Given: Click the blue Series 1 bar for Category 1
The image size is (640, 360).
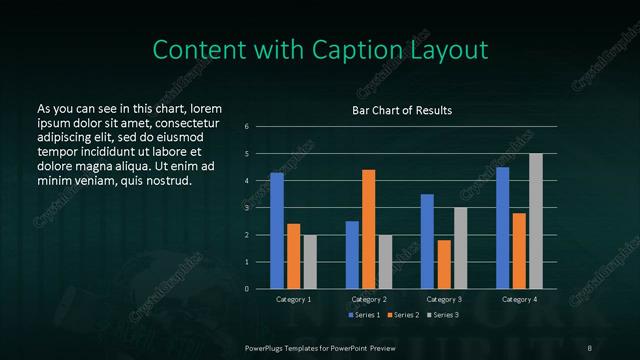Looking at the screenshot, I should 277,230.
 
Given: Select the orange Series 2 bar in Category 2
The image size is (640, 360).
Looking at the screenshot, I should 368,228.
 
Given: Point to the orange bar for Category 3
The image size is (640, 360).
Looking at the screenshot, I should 443,264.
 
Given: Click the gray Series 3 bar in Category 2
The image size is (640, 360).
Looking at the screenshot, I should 385,261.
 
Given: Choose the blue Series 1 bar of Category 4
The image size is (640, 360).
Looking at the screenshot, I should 502,227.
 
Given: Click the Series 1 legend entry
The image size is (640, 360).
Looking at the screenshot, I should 363,316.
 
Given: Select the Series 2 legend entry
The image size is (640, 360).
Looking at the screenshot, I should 402,316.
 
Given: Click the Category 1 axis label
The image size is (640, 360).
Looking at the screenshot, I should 293,299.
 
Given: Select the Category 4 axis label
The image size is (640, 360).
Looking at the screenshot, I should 518,299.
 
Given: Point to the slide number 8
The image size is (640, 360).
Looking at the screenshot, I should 591,346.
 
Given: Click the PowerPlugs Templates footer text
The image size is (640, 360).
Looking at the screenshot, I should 319,346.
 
